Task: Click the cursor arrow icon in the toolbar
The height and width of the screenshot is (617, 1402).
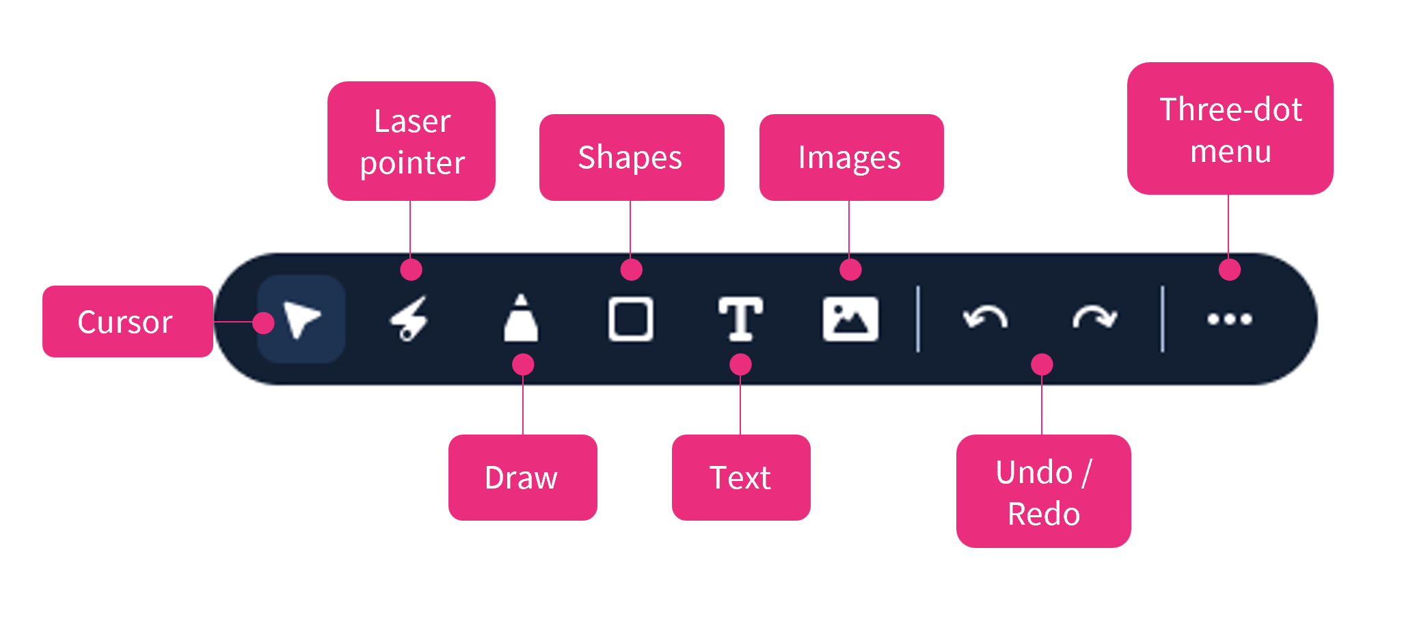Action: [x=301, y=319]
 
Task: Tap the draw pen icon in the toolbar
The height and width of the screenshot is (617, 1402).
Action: [x=521, y=318]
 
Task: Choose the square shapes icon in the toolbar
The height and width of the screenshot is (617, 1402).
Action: [x=630, y=319]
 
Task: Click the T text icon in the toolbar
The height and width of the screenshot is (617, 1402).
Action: [x=740, y=319]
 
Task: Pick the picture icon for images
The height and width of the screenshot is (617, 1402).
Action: [x=850, y=319]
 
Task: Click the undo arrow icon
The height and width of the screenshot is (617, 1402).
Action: [x=985, y=318]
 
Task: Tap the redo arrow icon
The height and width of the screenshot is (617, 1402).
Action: [x=1094, y=318]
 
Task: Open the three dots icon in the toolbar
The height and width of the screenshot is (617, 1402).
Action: [x=1229, y=319]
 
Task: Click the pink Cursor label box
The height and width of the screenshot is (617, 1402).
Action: [x=127, y=322]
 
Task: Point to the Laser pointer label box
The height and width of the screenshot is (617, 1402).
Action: [x=412, y=141]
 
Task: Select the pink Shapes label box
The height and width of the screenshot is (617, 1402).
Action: [x=631, y=158]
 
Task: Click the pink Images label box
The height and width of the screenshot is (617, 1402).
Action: [x=851, y=158]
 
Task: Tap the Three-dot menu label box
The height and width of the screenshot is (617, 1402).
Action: [x=1230, y=129]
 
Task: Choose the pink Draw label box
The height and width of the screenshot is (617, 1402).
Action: [x=522, y=478]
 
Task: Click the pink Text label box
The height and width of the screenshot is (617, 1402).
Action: [x=741, y=478]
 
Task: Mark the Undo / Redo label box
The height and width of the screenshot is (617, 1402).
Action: [x=1043, y=491]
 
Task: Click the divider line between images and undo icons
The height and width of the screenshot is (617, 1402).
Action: [x=918, y=319]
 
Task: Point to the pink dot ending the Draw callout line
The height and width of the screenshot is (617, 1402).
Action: [x=523, y=364]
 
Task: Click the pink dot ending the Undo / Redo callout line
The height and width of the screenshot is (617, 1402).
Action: [x=1042, y=364]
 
